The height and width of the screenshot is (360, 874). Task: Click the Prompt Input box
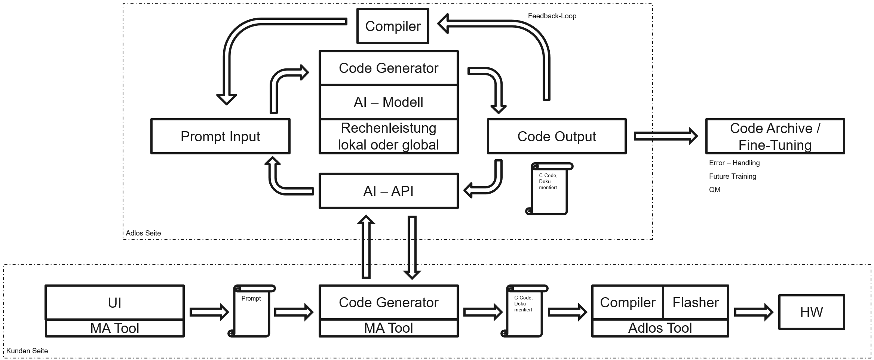(x=220, y=136)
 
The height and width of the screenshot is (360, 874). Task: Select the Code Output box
(x=556, y=136)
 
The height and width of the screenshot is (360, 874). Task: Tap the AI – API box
(x=389, y=191)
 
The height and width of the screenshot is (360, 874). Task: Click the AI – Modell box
(x=389, y=102)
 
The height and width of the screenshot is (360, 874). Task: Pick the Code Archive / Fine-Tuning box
(x=775, y=136)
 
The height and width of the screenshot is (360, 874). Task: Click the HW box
(x=812, y=312)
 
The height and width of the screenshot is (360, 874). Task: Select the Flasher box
(x=696, y=302)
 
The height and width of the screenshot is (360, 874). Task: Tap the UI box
(x=115, y=302)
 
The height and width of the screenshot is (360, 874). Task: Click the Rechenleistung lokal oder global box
(x=389, y=136)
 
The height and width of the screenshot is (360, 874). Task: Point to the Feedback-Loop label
(x=552, y=16)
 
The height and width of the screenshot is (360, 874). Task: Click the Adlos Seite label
(x=143, y=233)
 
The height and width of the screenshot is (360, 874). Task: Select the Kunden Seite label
(x=27, y=351)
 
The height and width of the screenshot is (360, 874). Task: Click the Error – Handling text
(x=734, y=163)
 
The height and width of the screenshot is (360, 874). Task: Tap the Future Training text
(x=732, y=176)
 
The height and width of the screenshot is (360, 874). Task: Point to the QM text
(x=714, y=190)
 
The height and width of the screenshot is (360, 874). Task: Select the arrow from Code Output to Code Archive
(x=666, y=136)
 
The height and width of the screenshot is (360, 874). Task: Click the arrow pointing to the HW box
(x=754, y=312)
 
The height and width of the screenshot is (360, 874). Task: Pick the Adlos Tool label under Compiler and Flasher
(x=660, y=328)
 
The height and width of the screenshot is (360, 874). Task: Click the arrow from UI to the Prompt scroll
(x=209, y=312)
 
